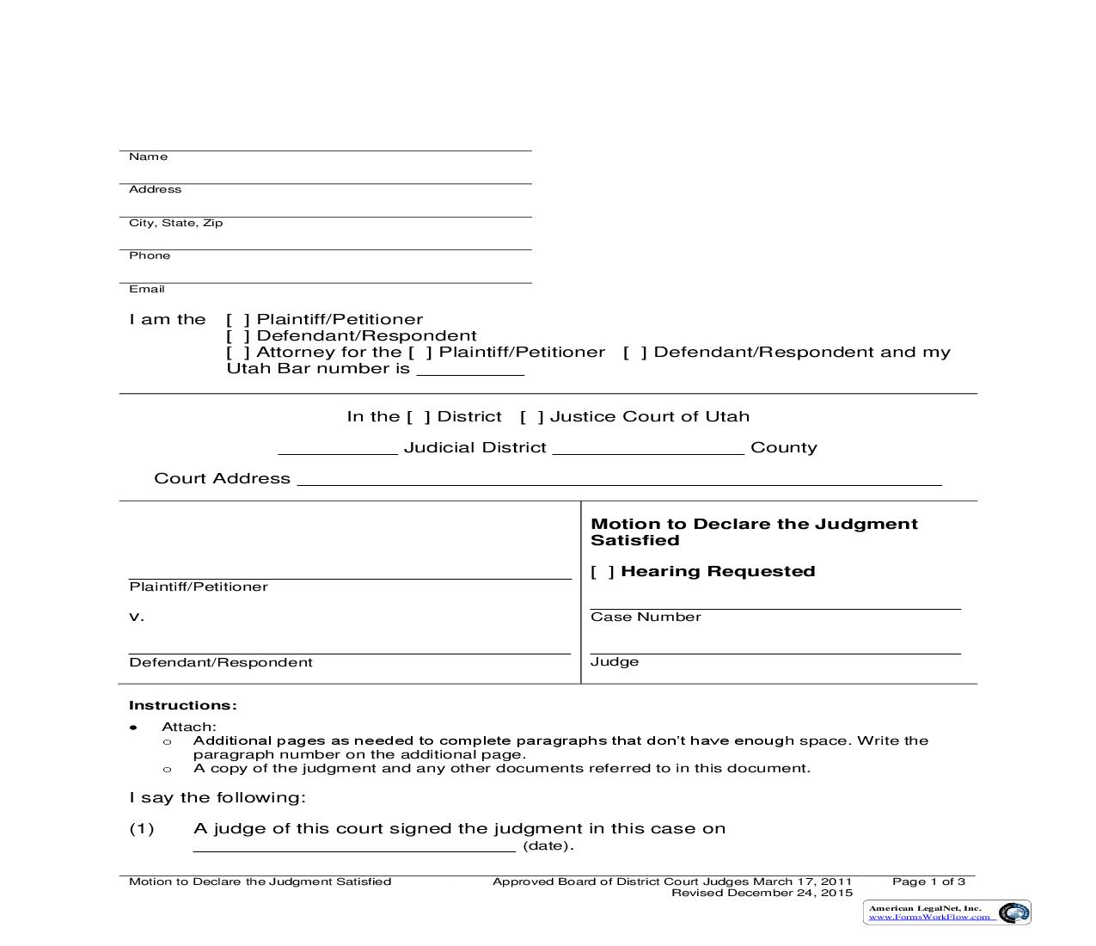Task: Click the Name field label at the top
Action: click(148, 157)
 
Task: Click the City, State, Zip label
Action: click(175, 223)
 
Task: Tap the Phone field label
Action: click(150, 255)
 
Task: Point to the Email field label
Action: click(146, 289)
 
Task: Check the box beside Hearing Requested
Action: click(603, 572)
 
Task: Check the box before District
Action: click(419, 417)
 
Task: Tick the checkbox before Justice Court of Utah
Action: click(531, 417)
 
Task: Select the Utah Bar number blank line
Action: click(469, 372)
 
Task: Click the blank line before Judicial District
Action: click(337, 451)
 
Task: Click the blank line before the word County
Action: click(648, 451)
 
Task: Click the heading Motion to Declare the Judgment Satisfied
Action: click(753, 531)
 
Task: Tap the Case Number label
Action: click(646, 617)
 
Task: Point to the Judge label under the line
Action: click(614, 661)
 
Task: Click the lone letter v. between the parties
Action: click(136, 617)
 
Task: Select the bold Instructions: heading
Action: click(182, 705)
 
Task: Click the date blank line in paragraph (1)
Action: click(354, 848)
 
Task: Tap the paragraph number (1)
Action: click(141, 829)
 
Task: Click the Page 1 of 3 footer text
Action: click(928, 881)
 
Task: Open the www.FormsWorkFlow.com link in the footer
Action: click(928, 918)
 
